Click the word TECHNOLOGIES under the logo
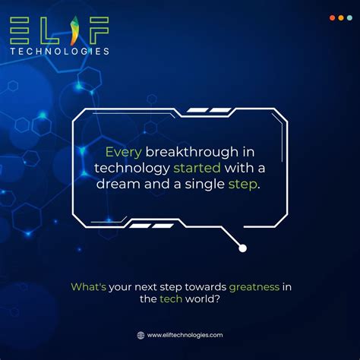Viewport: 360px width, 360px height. [x=60, y=51]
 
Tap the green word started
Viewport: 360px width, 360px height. [x=197, y=167]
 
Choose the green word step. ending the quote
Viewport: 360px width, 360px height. [x=244, y=184]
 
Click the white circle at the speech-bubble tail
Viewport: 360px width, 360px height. [x=242, y=247]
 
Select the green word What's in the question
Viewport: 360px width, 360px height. [x=88, y=287]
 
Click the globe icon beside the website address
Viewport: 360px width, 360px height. [x=141, y=335]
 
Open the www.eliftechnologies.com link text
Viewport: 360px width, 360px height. [x=185, y=335]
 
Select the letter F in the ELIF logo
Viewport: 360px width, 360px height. [x=99, y=30]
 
